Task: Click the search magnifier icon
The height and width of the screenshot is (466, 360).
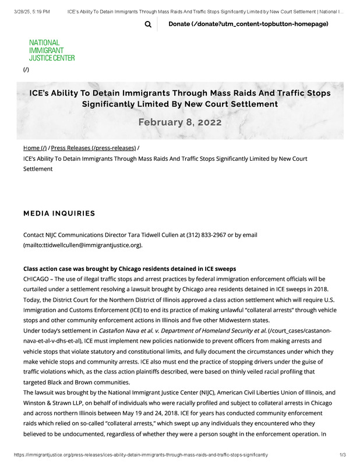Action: (148, 24)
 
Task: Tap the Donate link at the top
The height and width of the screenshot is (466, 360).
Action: (248, 24)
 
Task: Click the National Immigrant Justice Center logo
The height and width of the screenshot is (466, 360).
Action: (52, 50)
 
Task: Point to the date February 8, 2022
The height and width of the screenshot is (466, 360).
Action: (179, 122)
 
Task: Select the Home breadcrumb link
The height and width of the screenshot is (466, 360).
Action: (35, 148)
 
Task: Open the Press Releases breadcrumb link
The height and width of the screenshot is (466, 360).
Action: (93, 148)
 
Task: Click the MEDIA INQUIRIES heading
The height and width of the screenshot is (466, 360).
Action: (59, 213)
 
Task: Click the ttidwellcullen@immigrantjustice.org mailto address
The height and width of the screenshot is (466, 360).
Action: (83, 245)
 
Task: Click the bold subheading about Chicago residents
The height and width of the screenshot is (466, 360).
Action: (129, 269)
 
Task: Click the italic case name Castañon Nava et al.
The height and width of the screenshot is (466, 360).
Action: (182, 330)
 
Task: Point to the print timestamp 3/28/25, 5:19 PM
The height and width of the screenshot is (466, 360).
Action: (32, 11)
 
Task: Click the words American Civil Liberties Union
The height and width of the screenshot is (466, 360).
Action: (259, 392)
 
